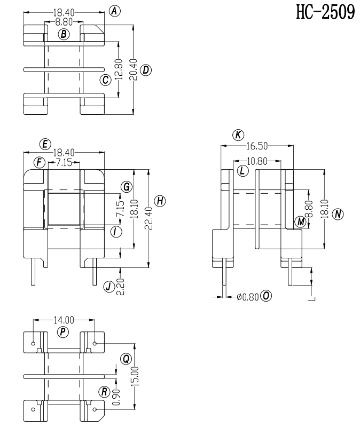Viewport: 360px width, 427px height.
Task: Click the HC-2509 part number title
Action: click(325, 12)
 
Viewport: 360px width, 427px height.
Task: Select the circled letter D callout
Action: click(146, 70)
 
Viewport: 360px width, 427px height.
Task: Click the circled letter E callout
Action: click(45, 144)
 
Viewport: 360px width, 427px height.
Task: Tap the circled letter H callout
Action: click(160, 201)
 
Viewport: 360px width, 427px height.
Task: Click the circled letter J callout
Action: click(108, 287)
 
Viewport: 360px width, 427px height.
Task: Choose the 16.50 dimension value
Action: click(257, 146)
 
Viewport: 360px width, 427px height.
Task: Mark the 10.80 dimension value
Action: click(257, 161)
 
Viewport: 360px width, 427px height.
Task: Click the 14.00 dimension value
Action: click(64, 320)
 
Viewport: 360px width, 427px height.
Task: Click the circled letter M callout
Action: click(301, 222)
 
